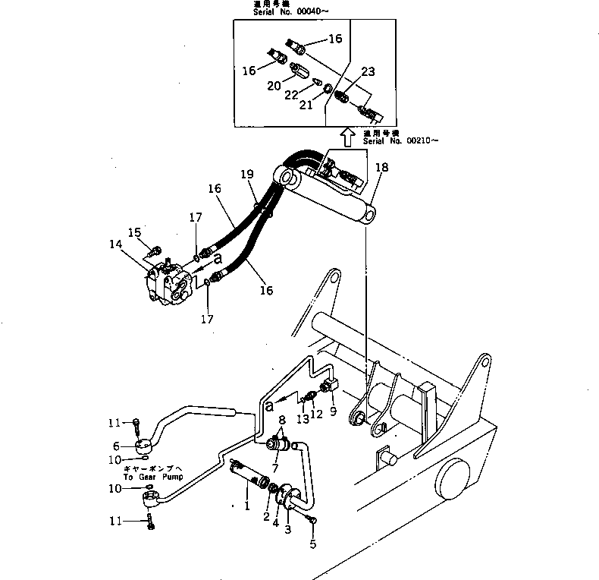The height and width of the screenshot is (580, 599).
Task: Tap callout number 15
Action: coord(134,232)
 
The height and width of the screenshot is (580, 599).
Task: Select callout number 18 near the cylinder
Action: coord(381,167)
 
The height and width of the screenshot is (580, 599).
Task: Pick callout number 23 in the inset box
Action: coord(368,73)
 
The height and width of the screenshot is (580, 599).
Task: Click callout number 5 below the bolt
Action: coord(312,544)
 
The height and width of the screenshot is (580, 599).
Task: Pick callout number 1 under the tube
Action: coord(247,503)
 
